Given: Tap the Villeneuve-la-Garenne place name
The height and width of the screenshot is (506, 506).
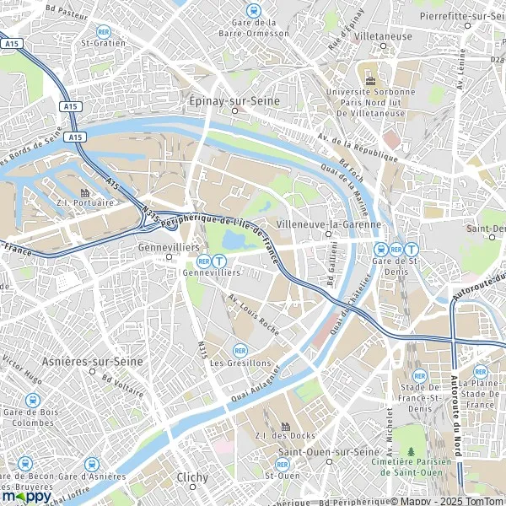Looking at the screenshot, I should (x=329, y=225).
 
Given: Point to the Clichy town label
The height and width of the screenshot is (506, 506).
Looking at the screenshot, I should (x=193, y=477).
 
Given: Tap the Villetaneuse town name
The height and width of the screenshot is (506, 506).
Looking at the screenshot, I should (x=384, y=37).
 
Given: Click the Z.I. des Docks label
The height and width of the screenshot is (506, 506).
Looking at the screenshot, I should (x=285, y=437).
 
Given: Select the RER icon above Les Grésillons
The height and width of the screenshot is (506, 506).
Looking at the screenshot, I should (x=240, y=350).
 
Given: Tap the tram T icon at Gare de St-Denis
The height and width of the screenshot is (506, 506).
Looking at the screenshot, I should (x=411, y=249).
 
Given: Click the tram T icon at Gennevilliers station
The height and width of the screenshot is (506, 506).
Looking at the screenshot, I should (x=219, y=261).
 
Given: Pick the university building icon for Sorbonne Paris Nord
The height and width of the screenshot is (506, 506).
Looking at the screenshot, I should (x=370, y=79).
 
